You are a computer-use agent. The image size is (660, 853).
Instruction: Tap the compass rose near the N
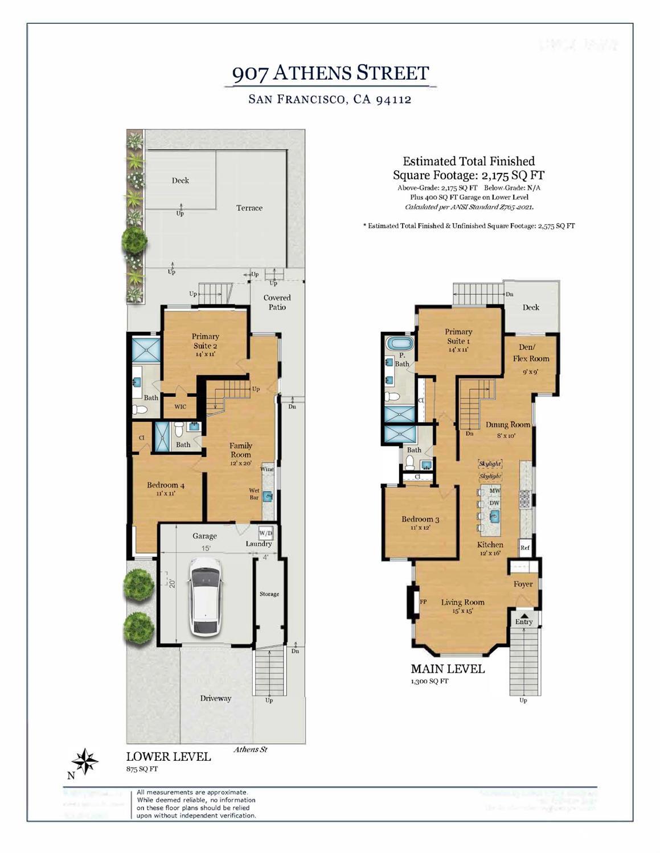[x=85, y=761]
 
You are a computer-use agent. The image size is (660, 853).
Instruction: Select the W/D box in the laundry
[x=266, y=533]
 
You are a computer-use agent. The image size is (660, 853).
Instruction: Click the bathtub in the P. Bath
[x=395, y=343]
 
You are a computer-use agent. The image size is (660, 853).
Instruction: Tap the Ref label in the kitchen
[x=525, y=548]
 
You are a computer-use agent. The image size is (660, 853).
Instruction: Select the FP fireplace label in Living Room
[x=423, y=601]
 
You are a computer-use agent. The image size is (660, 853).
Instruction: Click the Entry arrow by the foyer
[x=524, y=616]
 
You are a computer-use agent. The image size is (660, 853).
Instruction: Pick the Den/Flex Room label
[x=530, y=353]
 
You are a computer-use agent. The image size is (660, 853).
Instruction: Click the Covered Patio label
[x=277, y=302]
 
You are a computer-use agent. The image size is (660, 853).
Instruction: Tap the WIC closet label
[x=180, y=407]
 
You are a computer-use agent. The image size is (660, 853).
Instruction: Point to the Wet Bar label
[x=254, y=494]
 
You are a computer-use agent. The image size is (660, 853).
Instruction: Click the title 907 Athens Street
[x=330, y=73]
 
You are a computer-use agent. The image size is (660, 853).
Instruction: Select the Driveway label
[x=215, y=698]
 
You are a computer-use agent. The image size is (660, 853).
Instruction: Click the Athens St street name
[x=250, y=749]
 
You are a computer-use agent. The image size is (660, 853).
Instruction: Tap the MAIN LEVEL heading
[x=448, y=669]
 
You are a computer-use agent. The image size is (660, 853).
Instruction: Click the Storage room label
[x=269, y=594]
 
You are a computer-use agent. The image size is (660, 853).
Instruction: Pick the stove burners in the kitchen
[x=524, y=498]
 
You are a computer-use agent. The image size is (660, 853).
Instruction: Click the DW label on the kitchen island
[x=494, y=503]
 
